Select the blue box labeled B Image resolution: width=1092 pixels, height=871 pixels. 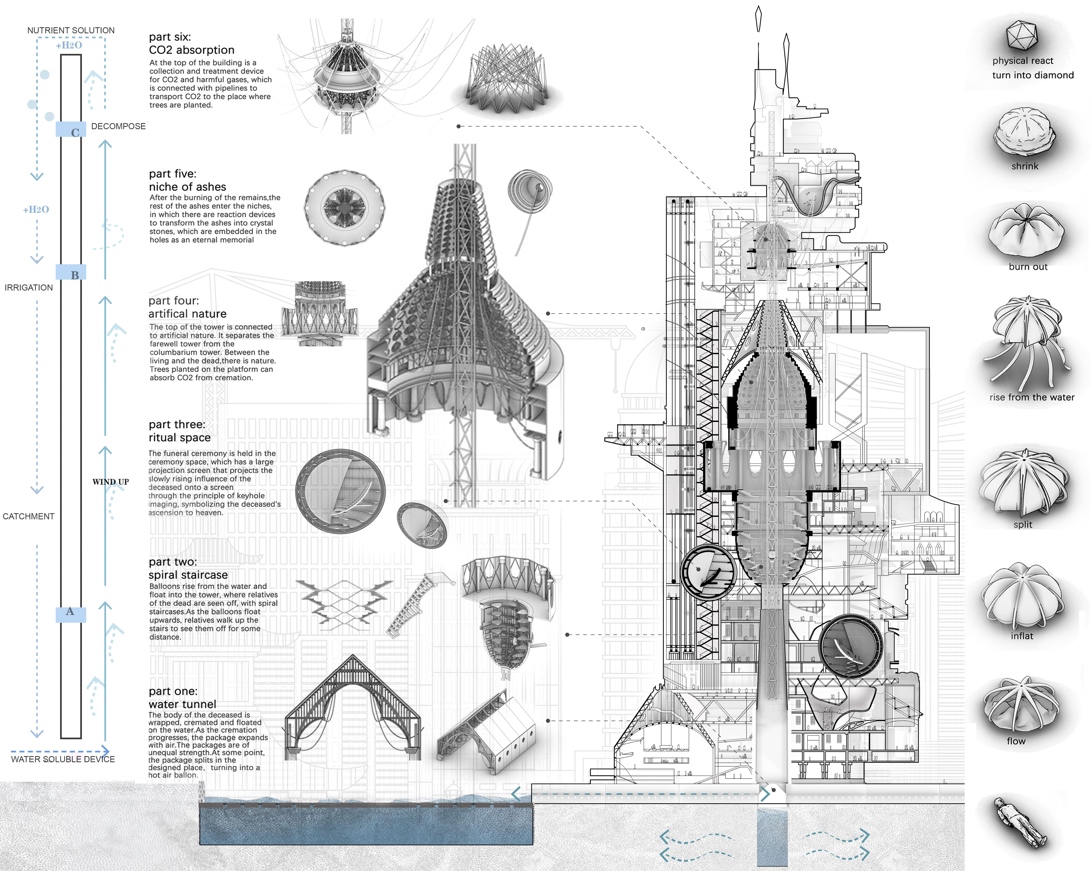[x=70, y=272]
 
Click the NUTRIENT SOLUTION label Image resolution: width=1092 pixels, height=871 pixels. [x=71, y=30]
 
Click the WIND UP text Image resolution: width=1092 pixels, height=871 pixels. [x=110, y=482]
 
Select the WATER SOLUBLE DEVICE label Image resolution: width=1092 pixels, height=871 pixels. [x=63, y=759]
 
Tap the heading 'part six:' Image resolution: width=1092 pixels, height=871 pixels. [x=170, y=37]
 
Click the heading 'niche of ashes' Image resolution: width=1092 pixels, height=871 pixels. [x=187, y=187]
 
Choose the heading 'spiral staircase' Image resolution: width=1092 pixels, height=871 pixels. [x=188, y=575]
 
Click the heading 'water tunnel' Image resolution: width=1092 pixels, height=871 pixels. [x=182, y=704]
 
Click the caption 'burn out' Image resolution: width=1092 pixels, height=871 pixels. [x=1028, y=267]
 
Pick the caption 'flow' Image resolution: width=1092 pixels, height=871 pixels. [x=1016, y=741]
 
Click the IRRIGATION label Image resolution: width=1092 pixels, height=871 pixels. [x=28, y=288]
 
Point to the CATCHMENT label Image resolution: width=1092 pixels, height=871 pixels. [x=28, y=516]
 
